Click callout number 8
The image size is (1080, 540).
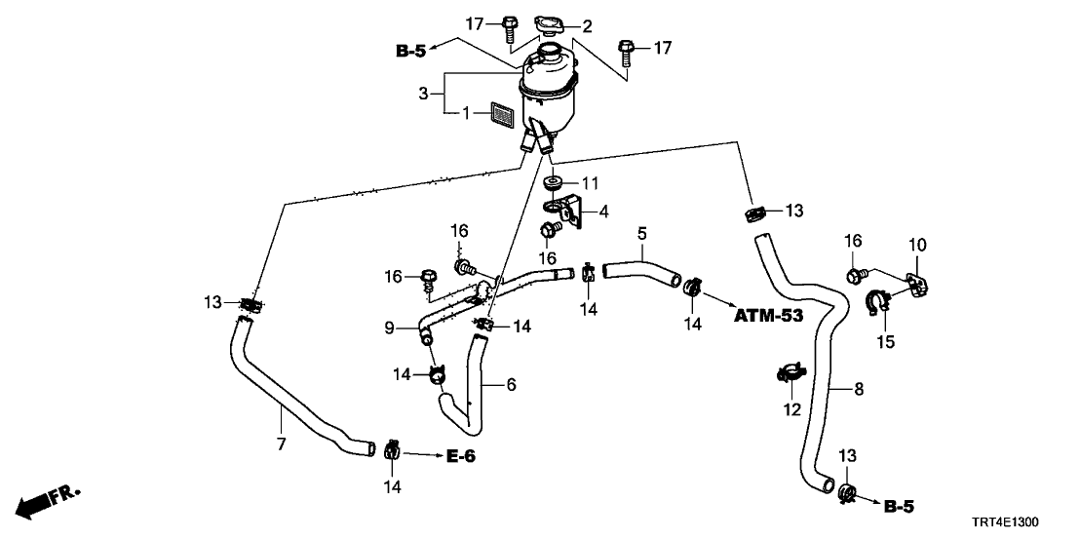(859, 389)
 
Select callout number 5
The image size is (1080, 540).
(641, 234)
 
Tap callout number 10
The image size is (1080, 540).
(917, 244)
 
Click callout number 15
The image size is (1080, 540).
(886, 342)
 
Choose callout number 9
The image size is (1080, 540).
(389, 329)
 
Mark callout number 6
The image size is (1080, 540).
(510, 385)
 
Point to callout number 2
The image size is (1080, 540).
(587, 26)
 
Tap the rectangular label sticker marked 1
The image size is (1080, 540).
(501, 114)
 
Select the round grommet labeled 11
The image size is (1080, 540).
(554, 184)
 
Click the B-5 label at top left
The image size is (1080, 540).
(409, 52)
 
